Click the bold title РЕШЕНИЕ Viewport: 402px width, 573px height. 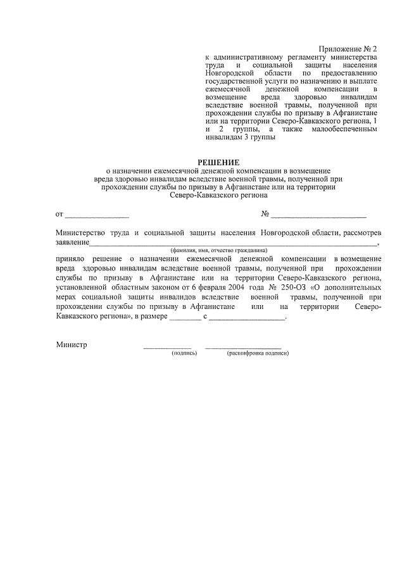pyautogui.click(x=218, y=162)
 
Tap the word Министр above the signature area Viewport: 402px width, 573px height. pyautogui.click(x=71, y=345)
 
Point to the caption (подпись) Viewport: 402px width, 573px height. pyautogui.click(x=184, y=353)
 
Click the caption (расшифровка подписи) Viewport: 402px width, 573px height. pyautogui.click(x=258, y=353)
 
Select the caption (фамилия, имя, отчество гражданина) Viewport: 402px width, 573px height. pyautogui.click(x=218, y=250)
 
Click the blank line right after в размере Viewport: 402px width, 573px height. pyautogui.click(x=184, y=318)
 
